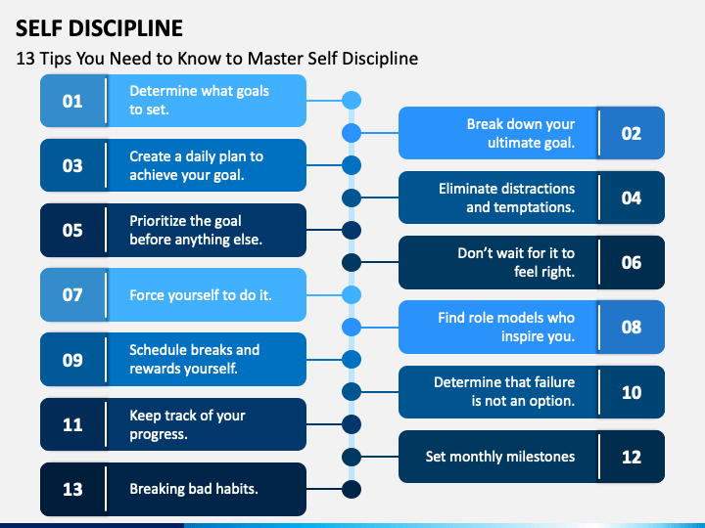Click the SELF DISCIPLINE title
pyautogui.click(x=99, y=28)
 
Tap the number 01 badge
pyautogui.click(x=72, y=101)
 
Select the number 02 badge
pyautogui.click(x=632, y=133)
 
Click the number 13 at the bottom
pyautogui.click(x=72, y=489)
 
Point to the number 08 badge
pyautogui.click(x=632, y=327)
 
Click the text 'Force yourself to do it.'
pyautogui.click(x=201, y=295)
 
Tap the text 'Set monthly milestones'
pyautogui.click(x=500, y=457)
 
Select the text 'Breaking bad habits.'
pyautogui.click(x=194, y=489)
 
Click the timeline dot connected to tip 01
pyautogui.click(x=352, y=100)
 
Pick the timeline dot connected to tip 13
pyautogui.click(x=352, y=489)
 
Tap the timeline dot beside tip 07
pyautogui.click(x=352, y=295)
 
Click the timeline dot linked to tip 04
pyautogui.click(x=352, y=198)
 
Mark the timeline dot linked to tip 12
pyautogui.click(x=352, y=457)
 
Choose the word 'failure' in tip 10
pyautogui.click(x=552, y=382)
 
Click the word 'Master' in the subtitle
pyautogui.click(x=275, y=59)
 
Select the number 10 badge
pyautogui.click(x=632, y=392)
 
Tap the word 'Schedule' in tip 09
pyautogui.click(x=156, y=350)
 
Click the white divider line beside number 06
pyautogui.click(x=599, y=262)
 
